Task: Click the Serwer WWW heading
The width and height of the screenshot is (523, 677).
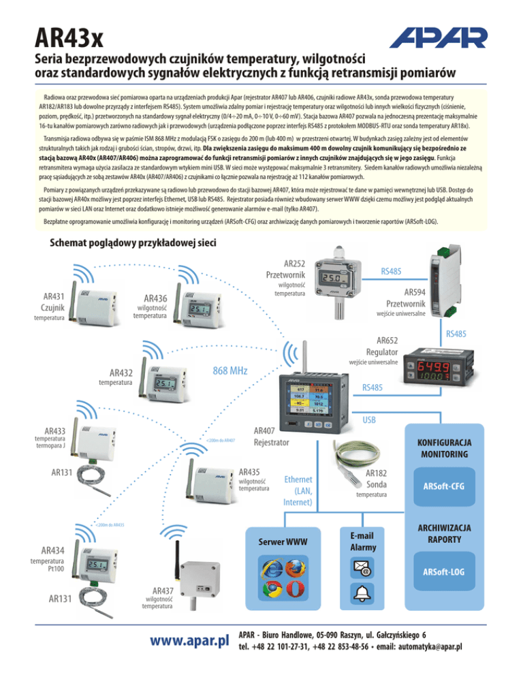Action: tap(284, 542)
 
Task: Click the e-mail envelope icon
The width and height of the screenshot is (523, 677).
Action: tap(360, 567)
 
